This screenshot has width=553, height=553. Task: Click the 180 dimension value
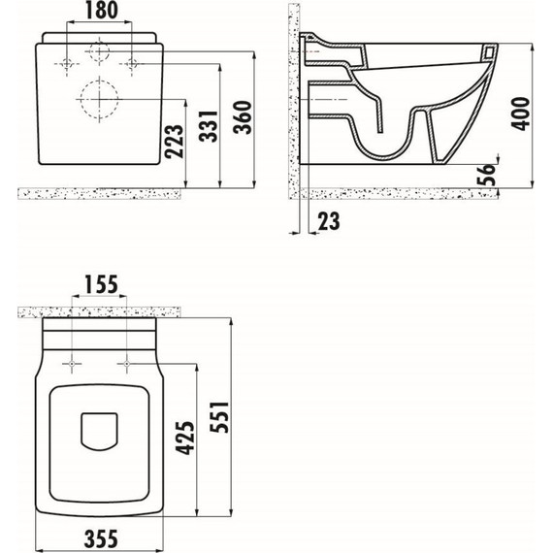click(101, 11)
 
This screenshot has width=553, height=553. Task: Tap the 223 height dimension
click(175, 141)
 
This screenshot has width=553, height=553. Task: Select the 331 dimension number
click(208, 126)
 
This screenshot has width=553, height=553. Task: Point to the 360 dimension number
click(243, 117)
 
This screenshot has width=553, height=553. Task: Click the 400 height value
click(521, 114)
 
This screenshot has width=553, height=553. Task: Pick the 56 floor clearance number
click(486, 175)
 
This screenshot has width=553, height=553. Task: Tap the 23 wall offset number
click(329, 221)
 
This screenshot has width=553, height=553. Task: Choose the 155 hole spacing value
click(101, 284)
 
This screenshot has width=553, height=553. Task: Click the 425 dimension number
click(184, 438)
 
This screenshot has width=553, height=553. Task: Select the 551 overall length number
click(219, 417)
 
